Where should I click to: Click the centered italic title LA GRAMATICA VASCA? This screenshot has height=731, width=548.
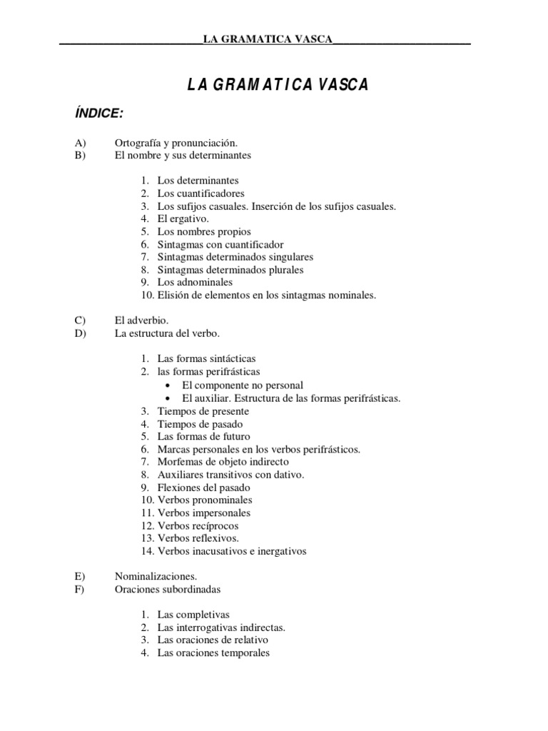278,85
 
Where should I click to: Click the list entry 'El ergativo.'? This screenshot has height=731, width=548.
183,219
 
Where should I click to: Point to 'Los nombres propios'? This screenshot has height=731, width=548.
204,232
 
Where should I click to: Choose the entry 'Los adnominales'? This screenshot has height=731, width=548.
195,283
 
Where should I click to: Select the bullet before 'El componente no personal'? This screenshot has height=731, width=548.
167,385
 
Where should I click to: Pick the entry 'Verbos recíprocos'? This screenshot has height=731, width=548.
198,525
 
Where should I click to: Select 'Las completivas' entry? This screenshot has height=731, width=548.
193,615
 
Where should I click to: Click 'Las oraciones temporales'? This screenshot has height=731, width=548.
213,652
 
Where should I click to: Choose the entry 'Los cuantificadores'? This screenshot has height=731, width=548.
201,193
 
